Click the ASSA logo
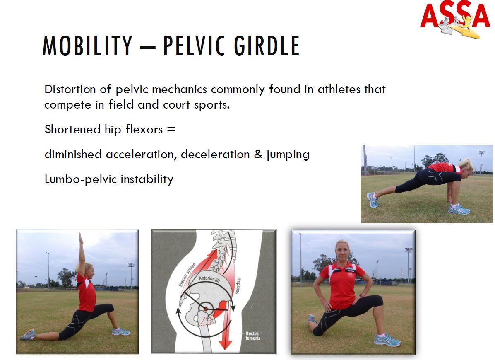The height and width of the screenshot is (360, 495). point(455,19)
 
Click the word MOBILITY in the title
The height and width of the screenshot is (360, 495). point(87,46)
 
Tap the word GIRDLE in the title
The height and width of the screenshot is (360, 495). point(267,46)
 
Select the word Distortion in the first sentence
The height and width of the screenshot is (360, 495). point(70,89)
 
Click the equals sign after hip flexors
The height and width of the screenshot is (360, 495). point(171,129)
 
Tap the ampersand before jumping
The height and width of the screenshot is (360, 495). point(258,154)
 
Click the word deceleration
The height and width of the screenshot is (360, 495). point(215,154)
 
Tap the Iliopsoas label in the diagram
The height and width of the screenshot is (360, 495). point(239,286)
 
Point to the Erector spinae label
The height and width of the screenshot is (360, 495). point(187,274)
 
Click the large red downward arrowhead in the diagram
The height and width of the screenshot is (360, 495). point(226,344)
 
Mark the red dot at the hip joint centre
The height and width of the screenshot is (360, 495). point(206,309)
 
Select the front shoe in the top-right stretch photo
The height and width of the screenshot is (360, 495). point(459,209)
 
